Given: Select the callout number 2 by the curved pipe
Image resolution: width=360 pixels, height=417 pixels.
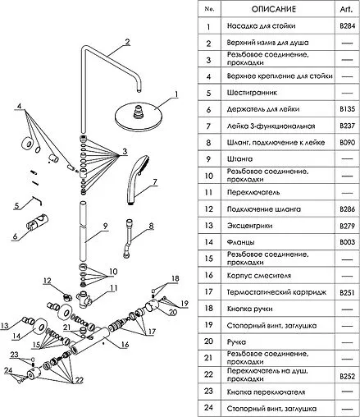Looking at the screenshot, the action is click(x=127, y=43).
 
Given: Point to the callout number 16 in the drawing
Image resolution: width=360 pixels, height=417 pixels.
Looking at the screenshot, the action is click(x=125, y=344).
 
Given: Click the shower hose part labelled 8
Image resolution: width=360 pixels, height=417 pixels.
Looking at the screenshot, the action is click(x=128, y=238).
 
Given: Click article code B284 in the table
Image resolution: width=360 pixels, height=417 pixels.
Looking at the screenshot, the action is click(x=347, y=26).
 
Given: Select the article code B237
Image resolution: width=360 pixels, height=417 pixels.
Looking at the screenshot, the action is click(x=347, y=126).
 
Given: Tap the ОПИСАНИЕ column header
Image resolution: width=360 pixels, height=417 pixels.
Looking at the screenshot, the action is click(x=274, y=9).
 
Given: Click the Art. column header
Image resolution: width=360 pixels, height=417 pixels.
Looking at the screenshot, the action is click(x=346, y=9).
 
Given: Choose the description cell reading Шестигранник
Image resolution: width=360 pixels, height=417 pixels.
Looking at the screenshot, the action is click(x=252, y=93).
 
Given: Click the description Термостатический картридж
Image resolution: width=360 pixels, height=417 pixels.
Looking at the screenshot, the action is click(x=276, y=292).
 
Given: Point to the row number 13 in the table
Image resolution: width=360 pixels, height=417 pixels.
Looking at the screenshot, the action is click(x=208, y=226).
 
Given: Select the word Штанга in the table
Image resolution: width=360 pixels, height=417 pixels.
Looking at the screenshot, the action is click(x=239, y=159).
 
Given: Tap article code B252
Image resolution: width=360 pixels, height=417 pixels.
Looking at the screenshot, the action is click(x=347, y=376).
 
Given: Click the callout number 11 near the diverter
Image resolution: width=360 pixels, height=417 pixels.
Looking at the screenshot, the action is click(x=113, y=288).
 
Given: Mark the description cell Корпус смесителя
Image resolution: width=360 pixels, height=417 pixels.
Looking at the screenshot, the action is click(x=259, y=276).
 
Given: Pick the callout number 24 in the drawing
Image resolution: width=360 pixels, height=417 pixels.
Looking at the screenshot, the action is click(x=8, y=370).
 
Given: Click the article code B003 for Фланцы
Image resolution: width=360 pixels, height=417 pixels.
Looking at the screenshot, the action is click(x=347, y=242).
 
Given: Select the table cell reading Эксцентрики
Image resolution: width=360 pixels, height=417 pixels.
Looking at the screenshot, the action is click(x=249, y=226).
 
